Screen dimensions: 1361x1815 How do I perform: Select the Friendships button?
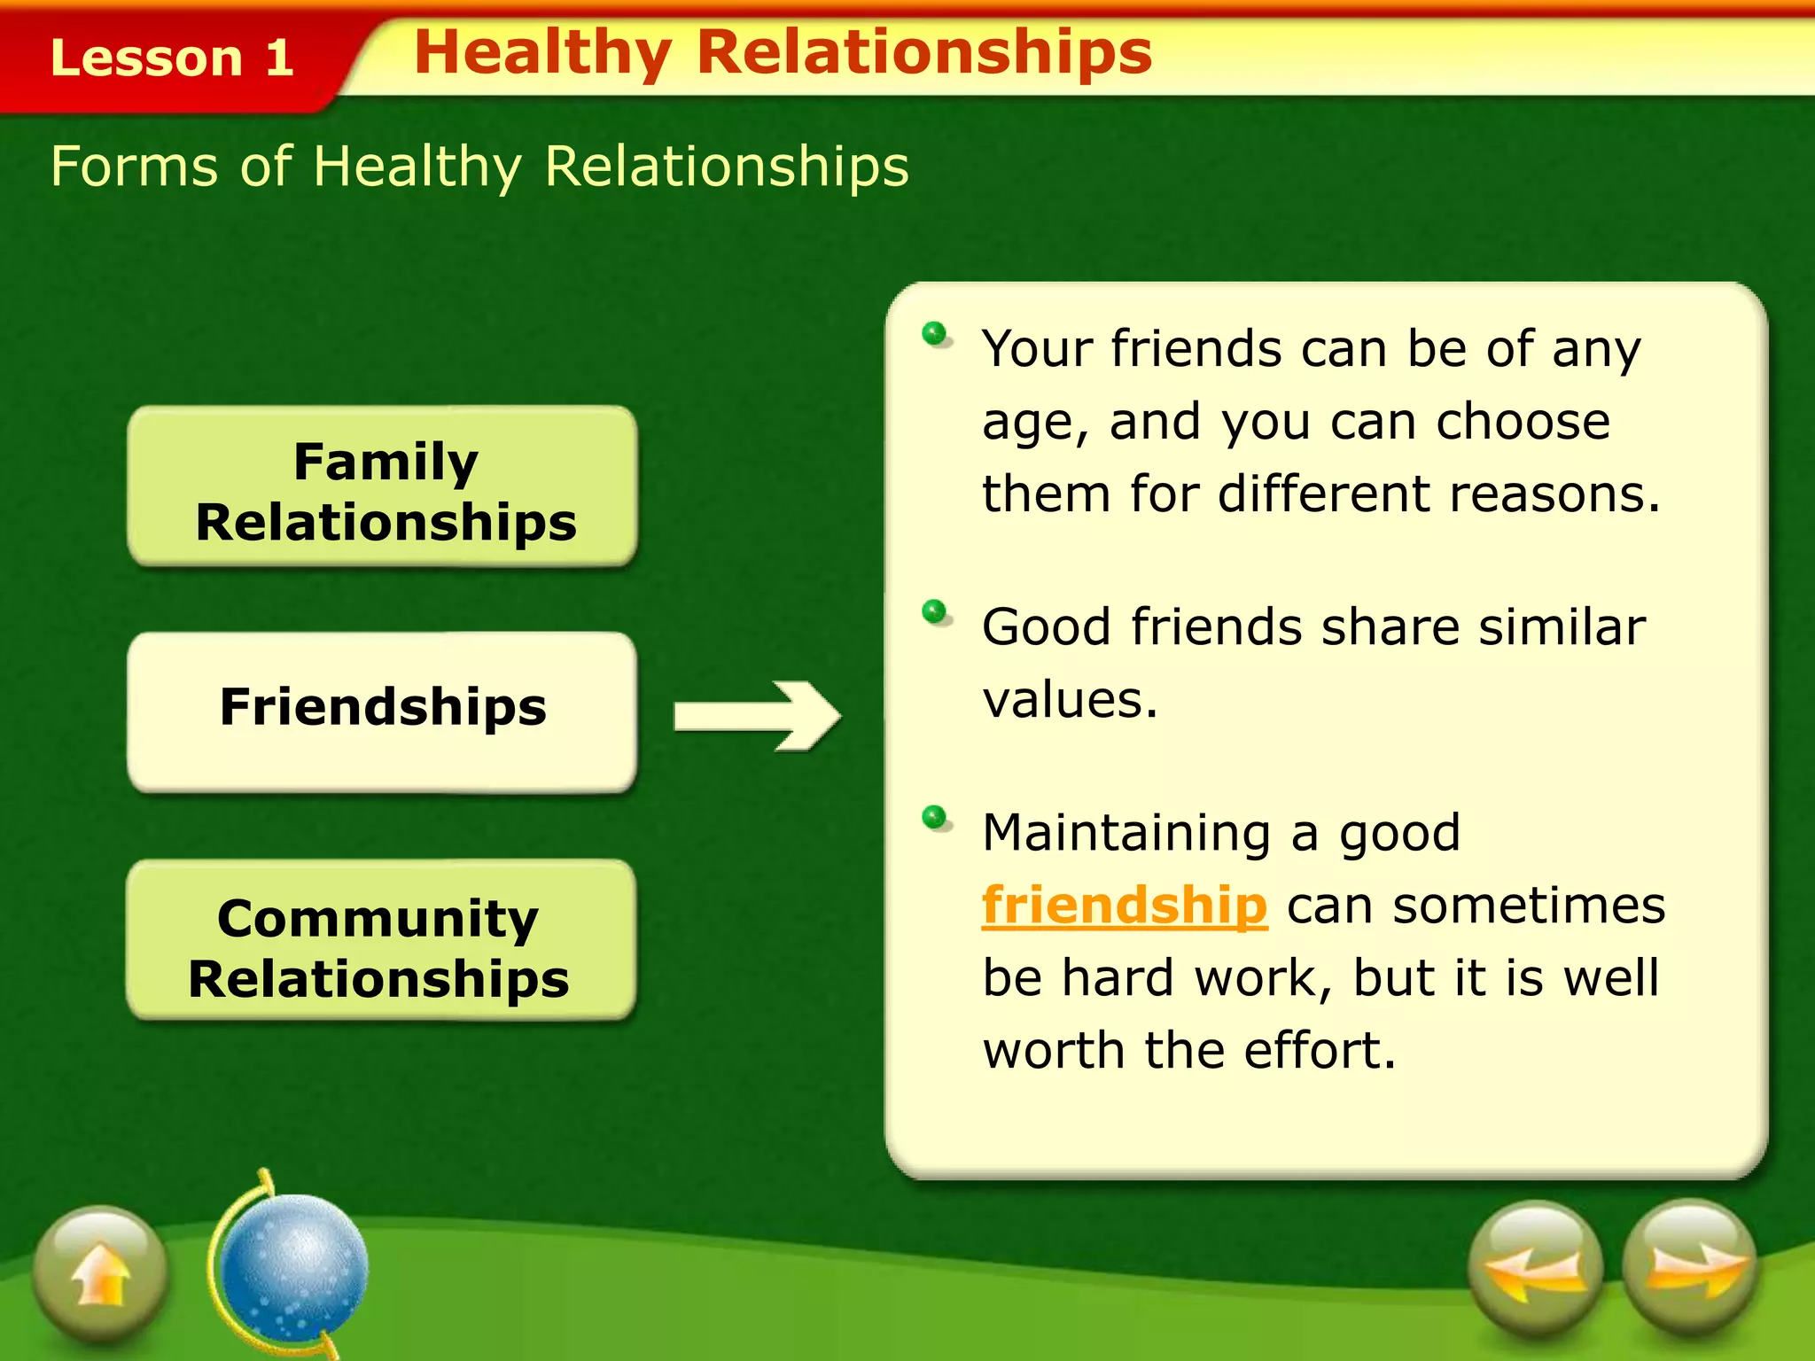point(383,710)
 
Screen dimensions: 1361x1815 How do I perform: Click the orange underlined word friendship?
point(1124,906)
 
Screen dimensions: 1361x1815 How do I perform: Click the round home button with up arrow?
point(100,1272)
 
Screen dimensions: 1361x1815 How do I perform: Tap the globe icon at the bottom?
point(292,1265)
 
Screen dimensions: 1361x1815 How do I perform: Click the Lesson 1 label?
point(172,58)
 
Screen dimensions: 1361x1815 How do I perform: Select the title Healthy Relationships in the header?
point(783,52)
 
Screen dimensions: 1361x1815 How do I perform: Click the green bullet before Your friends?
point(934,334)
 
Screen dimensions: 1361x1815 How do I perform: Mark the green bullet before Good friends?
point(934,611)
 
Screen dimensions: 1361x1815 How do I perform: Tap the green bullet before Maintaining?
point(934,816)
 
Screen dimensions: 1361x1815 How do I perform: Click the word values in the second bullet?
point(1069,701)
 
